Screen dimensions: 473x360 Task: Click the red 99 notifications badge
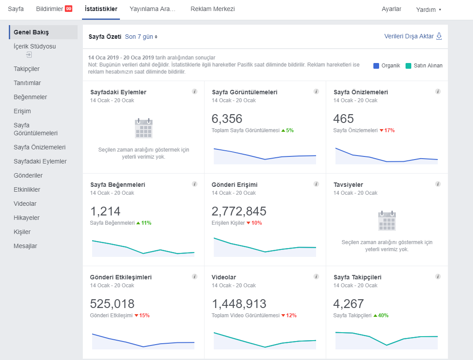(68, 9)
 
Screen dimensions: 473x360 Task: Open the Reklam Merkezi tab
(212, 9)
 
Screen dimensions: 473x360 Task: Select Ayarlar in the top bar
(391, 9)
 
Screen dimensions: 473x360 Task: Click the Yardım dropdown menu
(428, 10)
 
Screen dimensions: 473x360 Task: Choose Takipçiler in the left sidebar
(26, 69)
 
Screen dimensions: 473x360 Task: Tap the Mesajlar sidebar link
(25, 246)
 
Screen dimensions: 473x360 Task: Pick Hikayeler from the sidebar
(26, 218)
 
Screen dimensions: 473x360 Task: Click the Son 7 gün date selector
(141, 37)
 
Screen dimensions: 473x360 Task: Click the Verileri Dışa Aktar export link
(413, 36)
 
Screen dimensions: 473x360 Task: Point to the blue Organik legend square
(376, 66)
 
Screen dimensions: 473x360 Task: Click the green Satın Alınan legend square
(409, 66)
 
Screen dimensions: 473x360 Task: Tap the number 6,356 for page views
(227, 119)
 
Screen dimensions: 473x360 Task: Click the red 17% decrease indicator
(387, 130)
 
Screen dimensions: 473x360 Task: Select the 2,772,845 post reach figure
(239, 212)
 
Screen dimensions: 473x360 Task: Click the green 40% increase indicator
(381, 315)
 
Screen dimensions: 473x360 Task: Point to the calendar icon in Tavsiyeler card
(387, 221)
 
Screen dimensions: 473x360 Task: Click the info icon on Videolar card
(316, 276)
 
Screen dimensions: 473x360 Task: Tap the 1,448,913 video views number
(239, 304)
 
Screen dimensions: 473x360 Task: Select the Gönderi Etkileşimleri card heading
(121, 278)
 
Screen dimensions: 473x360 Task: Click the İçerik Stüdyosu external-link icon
(29, 55)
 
